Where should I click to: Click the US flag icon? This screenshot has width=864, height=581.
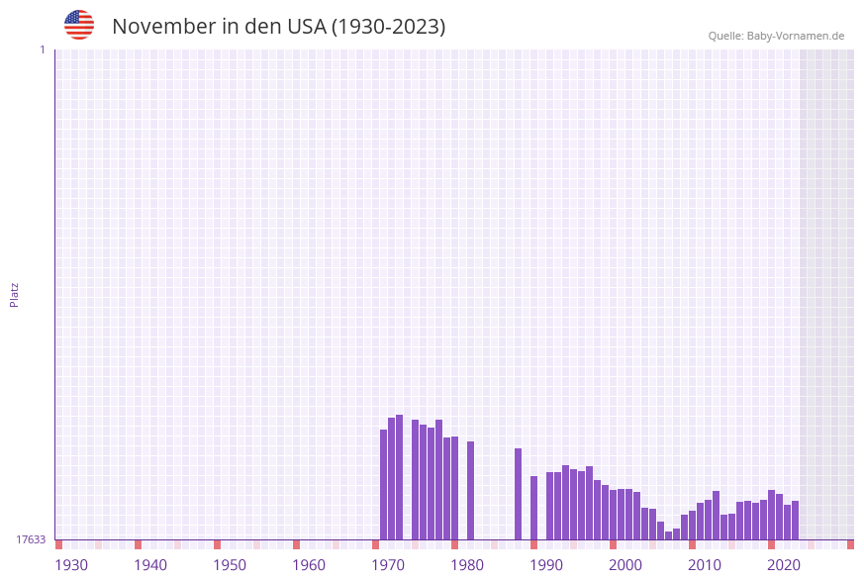click(x=79, y=25)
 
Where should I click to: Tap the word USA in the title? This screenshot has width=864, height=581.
click(x=306, y=27)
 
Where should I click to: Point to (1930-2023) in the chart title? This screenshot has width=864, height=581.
click(x=389, y=27)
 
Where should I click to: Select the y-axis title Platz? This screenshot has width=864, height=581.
click(x=15, y=295)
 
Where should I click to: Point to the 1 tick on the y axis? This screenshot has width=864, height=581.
click(x=42, y=49)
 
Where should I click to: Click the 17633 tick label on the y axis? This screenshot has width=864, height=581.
click(x=31, y=539)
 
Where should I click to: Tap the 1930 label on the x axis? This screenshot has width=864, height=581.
click(x=71, y=565)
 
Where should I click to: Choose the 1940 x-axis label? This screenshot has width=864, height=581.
click(x=150, y=565)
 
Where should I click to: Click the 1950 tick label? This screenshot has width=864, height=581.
click(x=230, y=565)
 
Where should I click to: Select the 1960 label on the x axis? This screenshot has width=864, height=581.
click(x=309, y=565)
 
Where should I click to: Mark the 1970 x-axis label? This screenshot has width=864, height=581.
click(x=388, y=565)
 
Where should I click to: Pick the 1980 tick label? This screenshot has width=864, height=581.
click(x=467, y=565)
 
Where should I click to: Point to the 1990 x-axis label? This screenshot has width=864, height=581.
click(x=546, y=565)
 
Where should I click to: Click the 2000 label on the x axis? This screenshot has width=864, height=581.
click(x=625, y=565)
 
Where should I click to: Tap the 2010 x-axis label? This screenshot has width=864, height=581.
click(x=705, y=565)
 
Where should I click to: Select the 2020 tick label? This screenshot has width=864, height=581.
click(x=784, y=565)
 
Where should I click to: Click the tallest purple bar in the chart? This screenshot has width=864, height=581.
click(x=399, y=477)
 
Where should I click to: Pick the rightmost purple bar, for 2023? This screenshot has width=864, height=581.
click(x=795, y=520)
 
